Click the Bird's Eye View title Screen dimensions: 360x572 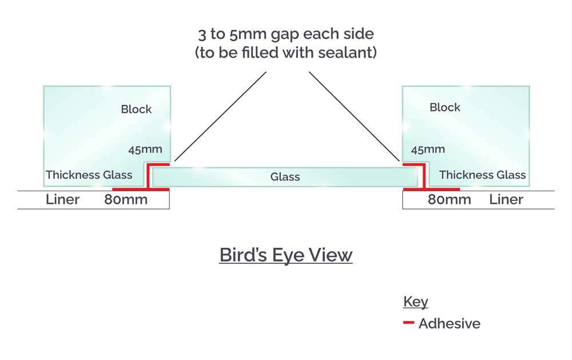285,255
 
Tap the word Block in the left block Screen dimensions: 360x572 136,109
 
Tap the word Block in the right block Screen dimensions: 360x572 444,107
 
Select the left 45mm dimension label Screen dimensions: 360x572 146,150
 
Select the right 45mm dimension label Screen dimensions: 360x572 428,150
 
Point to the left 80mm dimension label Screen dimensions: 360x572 125,200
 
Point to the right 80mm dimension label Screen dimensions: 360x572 450,200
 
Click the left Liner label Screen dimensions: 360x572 62,200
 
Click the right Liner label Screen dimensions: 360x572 506,200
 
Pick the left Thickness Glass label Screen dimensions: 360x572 89,175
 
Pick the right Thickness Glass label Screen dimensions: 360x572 482,175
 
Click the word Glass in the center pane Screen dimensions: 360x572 285,177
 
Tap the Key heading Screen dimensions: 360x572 415,302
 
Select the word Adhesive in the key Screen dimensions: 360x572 449,323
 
